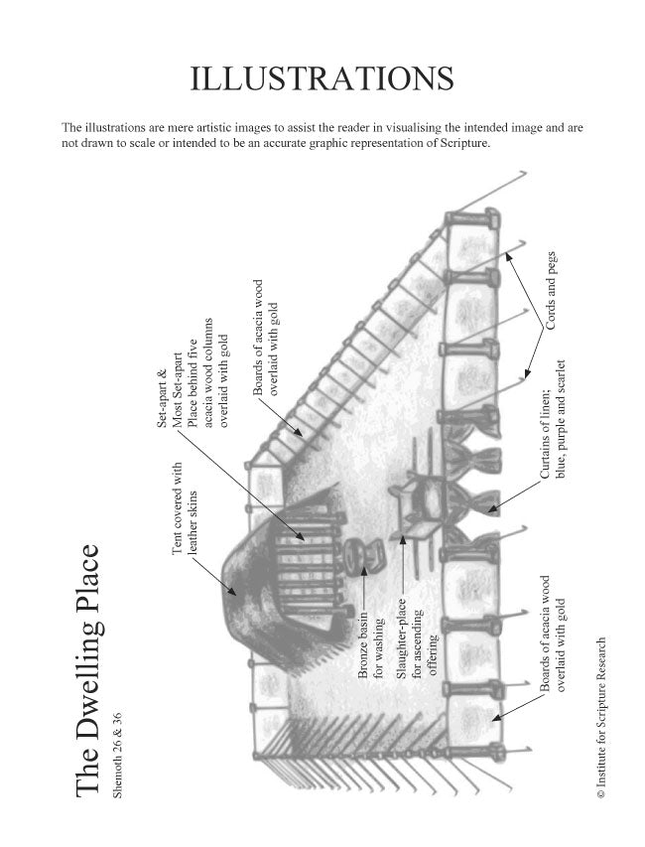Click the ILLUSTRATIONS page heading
click(322, 78)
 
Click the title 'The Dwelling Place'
click(87, 670)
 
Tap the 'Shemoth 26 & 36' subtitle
click(117, 756)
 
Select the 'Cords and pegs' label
click(551, 291)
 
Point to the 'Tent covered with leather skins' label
click(185, 508)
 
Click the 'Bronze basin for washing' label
click(371, 644)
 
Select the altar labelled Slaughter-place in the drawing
click(419, 505)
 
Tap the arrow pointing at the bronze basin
click(365, 588)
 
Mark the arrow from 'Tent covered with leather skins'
click(213, 575)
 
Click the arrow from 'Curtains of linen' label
click(513, 495)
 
